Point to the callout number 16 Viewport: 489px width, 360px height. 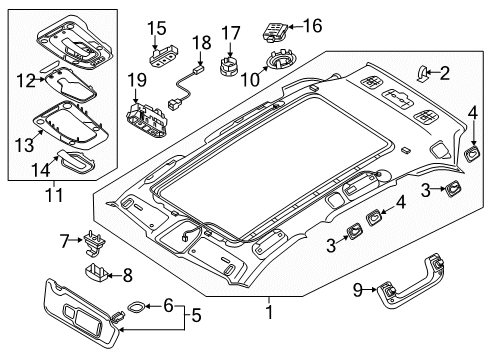(313, 24)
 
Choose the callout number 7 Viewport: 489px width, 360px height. (63, 239)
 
